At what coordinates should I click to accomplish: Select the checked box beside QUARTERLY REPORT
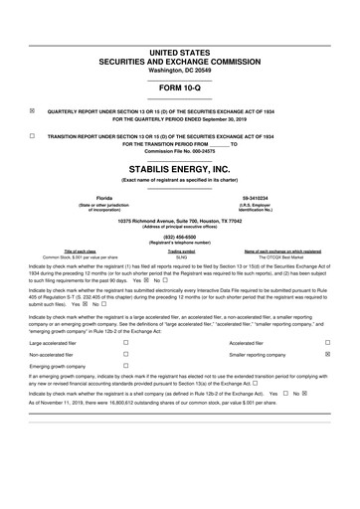33,110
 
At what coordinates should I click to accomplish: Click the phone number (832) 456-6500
179,236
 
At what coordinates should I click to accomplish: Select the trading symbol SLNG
181,256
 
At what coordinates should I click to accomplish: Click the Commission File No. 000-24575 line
179,150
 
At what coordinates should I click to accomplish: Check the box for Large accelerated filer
125,340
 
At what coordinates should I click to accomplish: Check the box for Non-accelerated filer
125,353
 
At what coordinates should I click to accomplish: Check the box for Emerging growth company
125,366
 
